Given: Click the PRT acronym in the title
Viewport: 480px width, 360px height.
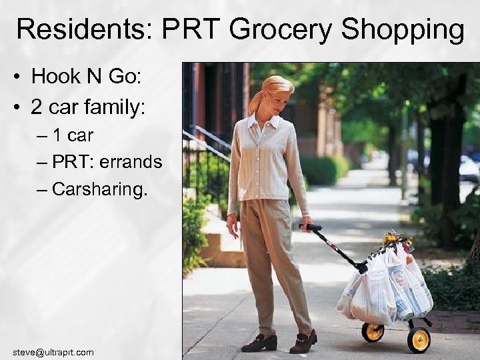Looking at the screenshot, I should click(194, 30).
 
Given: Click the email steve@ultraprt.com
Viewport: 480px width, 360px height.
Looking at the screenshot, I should click(53, 351).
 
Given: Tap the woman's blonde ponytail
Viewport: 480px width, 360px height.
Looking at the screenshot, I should click(256, 100).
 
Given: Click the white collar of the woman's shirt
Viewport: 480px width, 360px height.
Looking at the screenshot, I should click(263, 121).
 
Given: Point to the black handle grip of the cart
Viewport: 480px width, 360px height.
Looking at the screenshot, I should click(311, 228).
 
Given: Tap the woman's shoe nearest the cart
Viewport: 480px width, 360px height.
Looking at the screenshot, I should click(303, 342).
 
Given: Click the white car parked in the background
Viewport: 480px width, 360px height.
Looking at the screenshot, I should click(469, 168).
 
